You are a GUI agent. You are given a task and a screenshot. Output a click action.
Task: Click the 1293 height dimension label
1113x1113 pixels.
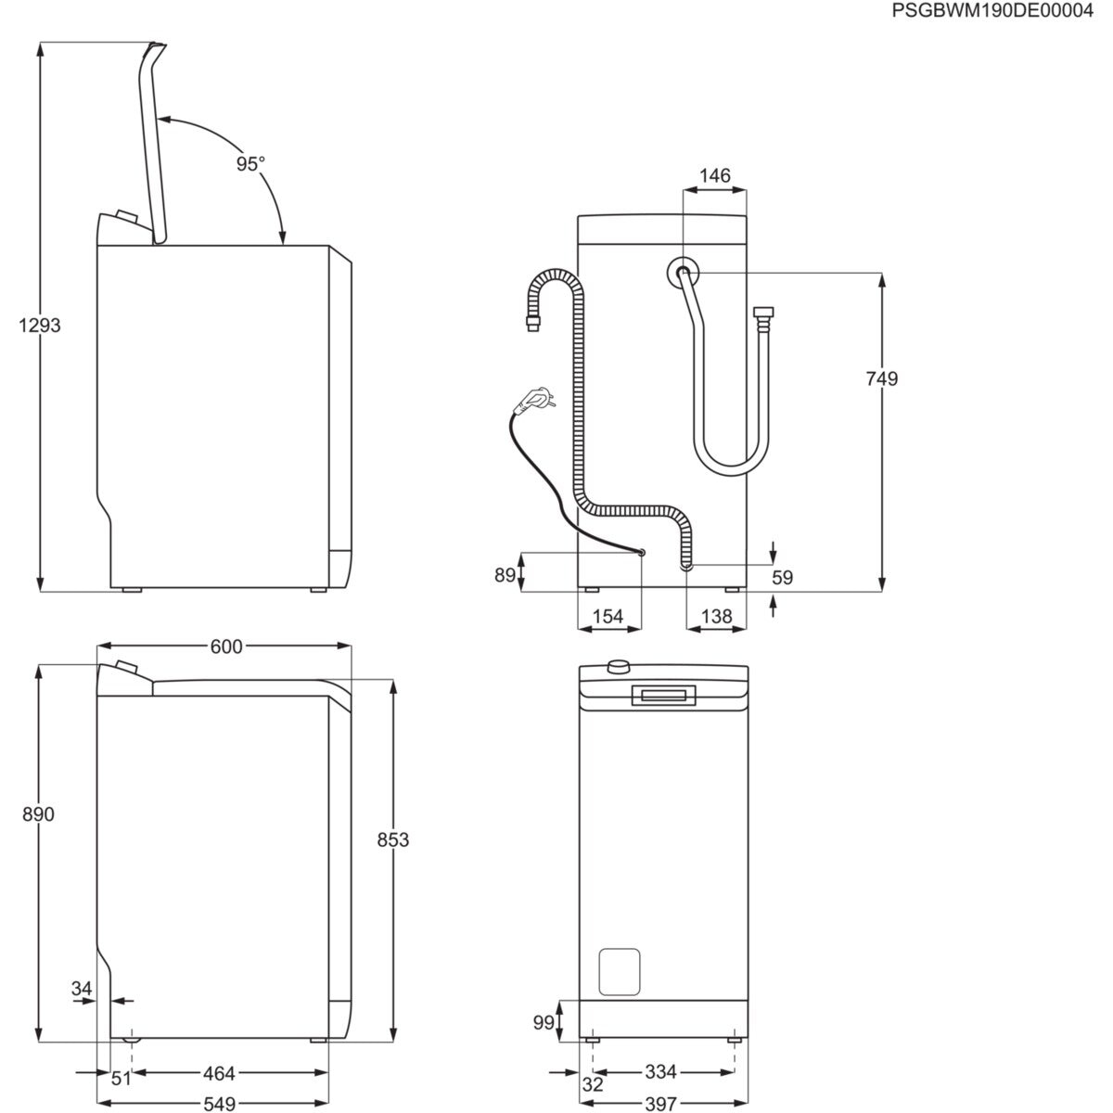coord(39,326)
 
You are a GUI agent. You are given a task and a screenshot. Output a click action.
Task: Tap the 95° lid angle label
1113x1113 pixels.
coord(249,164)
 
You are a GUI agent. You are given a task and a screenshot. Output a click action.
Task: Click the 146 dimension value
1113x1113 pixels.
coord(714,175)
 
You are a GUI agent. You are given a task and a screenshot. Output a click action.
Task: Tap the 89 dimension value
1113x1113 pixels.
coord(505,575)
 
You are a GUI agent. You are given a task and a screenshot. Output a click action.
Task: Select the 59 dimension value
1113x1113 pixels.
coord(783,577)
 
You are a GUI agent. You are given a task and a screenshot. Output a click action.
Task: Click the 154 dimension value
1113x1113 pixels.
coord(608,616)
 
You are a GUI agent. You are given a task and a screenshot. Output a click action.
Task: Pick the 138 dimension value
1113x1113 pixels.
coord(716,616)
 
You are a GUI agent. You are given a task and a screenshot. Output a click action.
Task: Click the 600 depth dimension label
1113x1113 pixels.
coord(225,646)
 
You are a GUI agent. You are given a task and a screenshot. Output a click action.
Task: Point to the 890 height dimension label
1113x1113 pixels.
coord(39,814)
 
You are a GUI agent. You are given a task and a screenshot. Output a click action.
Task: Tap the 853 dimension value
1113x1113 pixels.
coord(393,839)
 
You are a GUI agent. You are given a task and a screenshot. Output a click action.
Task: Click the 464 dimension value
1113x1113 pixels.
coord(219,1073)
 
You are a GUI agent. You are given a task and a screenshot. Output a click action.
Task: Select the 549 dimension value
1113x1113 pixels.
coord(219,1104)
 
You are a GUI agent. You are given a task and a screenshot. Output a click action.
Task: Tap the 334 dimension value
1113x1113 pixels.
coord(660,1073)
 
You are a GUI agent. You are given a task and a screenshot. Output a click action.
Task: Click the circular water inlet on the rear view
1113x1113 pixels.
coord(683,273)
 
